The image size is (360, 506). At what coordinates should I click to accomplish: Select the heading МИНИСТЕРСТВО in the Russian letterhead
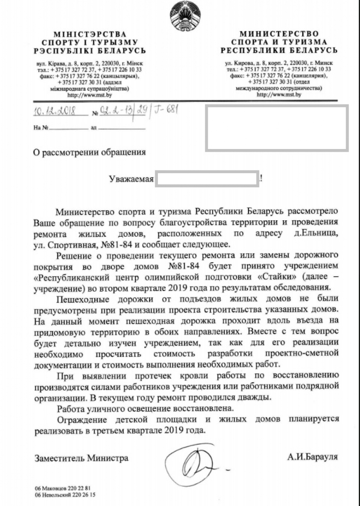(279, 34)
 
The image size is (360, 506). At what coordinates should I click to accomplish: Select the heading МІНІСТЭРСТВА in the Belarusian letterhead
(90, 34)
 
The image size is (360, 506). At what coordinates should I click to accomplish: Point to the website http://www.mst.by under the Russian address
(279, 94)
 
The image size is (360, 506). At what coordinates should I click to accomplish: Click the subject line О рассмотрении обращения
(89, 151)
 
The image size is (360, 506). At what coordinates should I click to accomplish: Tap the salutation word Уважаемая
(131, 179)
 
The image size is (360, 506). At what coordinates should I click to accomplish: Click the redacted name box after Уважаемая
(207, 179)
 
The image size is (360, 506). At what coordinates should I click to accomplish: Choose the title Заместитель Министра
(81, 458)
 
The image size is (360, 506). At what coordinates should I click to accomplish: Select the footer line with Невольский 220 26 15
(65, 495)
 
